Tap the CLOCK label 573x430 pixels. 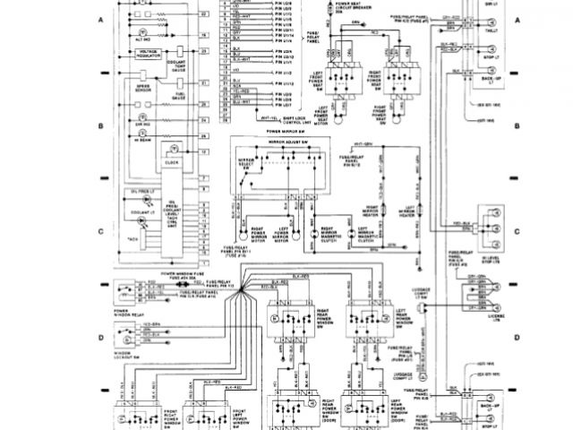pyautogui.click(x=170, y=164)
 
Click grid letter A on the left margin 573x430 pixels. pyautogui.click(x=102, y=19)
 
